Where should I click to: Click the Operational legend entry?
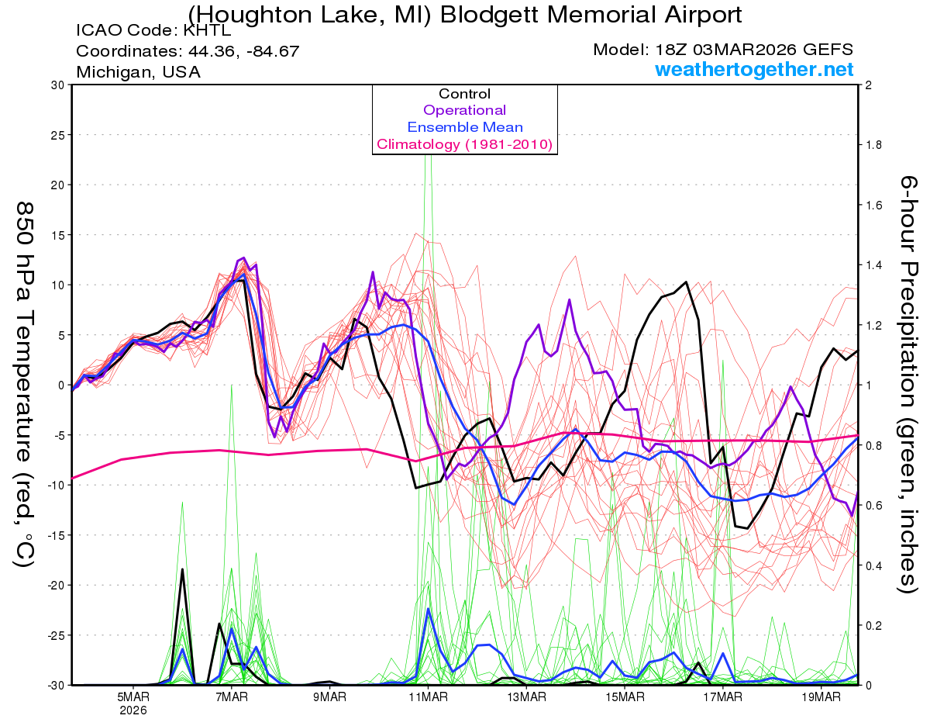464,110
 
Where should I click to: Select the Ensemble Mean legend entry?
464,127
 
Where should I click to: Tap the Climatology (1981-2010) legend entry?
464,144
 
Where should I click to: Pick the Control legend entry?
464,94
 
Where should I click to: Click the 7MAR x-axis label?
231,697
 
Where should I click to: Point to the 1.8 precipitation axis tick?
873,145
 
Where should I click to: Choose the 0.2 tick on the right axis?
873,625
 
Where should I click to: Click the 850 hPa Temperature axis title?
23,384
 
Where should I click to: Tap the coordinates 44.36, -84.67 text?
188,51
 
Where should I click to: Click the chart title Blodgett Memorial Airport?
465,13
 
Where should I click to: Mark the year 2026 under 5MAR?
133,709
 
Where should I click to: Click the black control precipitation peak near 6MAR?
182,570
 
